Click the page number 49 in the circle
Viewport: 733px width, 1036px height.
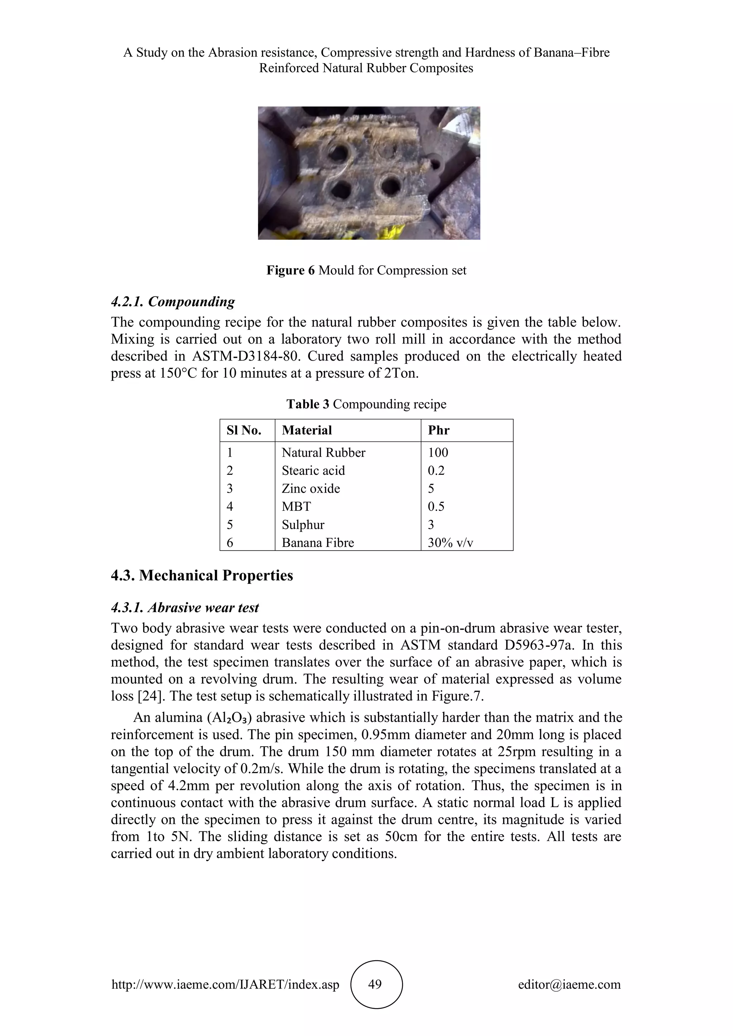point(375,984)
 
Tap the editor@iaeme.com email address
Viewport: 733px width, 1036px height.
point(569,984)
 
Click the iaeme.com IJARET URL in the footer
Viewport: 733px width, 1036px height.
point(225,984)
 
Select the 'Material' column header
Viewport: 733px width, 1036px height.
point(307,430)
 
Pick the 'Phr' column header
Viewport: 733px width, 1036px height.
point(438,430)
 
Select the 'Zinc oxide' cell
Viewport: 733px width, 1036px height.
point(311,488)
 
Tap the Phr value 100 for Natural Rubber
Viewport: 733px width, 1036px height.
point(438,452)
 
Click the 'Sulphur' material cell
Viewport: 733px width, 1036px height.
point(303,524)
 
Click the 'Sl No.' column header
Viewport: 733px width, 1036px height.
point(244,430)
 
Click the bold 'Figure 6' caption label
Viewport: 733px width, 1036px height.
point(290,270)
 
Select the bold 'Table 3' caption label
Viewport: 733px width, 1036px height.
point(308,404)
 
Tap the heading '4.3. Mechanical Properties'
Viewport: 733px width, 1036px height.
point(202,575)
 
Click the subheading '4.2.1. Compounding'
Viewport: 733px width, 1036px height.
point(173,302)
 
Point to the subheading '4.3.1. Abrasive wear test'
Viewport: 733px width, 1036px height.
point(185,607)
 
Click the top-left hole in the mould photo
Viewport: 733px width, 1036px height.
point(336,153)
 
